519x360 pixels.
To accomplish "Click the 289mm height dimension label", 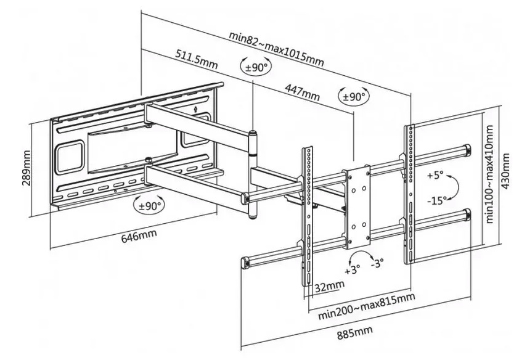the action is click(27, 168).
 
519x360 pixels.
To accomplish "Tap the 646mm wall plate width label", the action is click(139, 236).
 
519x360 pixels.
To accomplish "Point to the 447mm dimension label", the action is click(302, 92).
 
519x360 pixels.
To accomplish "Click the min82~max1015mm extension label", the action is click(276, 49).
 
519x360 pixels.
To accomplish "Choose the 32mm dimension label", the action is click(329, 286).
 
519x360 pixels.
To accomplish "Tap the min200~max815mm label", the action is click(366, 306).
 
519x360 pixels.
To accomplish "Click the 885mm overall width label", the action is click(355, 332).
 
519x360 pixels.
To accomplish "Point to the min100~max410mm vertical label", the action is click(489, 174).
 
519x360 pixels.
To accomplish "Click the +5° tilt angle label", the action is click(435, 174).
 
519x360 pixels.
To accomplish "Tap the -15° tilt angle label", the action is click(436, 200).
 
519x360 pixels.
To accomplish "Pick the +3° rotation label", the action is click(352, 269).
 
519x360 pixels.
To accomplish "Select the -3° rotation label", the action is click(377, 263).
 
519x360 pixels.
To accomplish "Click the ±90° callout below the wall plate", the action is click(149, 205).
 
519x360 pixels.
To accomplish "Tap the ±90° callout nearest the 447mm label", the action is click(354, 97).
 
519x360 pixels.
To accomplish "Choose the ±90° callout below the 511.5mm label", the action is click(256, 67).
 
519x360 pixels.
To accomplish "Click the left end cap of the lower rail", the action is click(245, 263).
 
